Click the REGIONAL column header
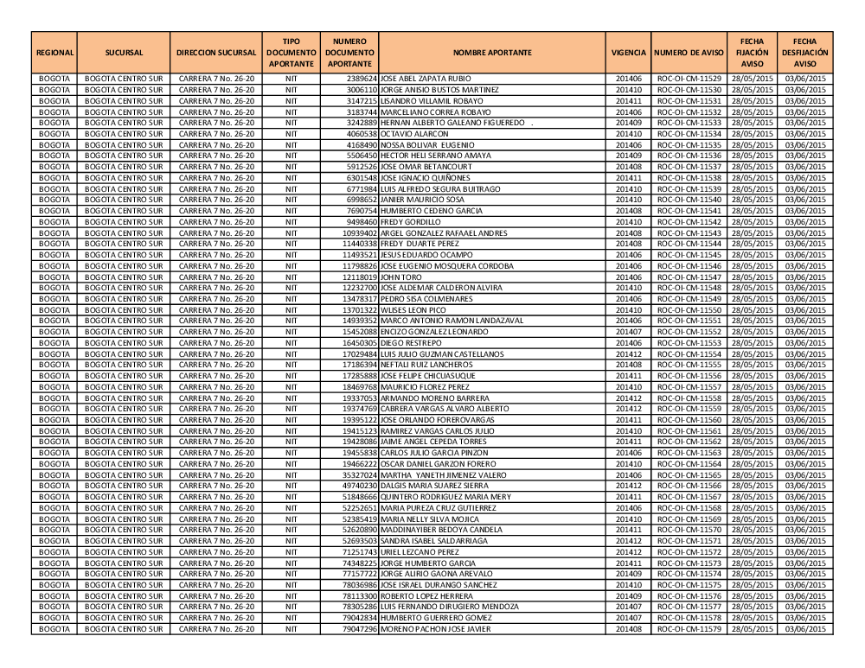54,53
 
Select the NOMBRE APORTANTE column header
491,53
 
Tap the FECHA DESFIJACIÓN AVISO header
804,53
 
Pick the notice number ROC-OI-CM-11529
689,79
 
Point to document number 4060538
362,134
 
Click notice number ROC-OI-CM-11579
689,628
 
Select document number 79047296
360,628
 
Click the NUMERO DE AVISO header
689,53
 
